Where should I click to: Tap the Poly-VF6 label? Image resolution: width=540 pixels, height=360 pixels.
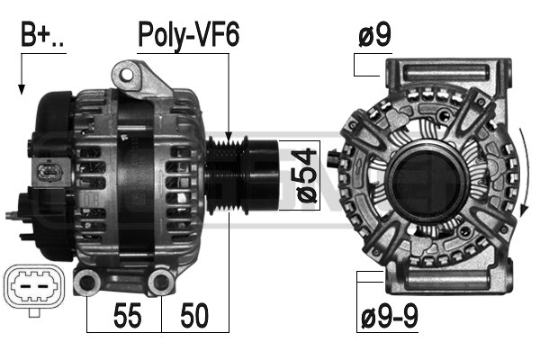tap(188, 34)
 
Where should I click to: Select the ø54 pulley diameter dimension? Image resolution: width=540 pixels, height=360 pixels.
tap(306, 175)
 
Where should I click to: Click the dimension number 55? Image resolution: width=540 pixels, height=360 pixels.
tap(127, 315)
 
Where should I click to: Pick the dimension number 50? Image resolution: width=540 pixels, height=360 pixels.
tap(194, 315)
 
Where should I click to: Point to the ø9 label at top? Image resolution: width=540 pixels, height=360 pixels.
tap(374, 35)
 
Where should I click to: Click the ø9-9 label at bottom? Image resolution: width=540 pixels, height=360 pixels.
tap(390, 316)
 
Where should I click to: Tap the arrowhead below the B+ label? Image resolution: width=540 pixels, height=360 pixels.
tap(22, 89)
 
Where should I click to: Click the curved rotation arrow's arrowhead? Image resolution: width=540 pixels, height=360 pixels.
tap(524, 210)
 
